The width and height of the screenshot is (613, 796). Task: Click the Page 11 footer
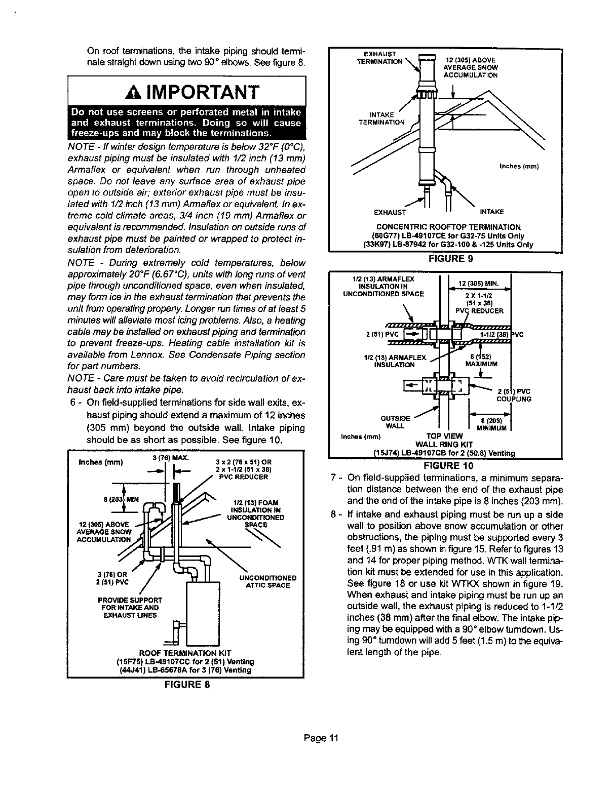tap(321, 738)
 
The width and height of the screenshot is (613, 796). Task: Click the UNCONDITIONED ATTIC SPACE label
tap(267, 581)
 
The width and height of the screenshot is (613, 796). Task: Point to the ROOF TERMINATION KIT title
tap(185, 653)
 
